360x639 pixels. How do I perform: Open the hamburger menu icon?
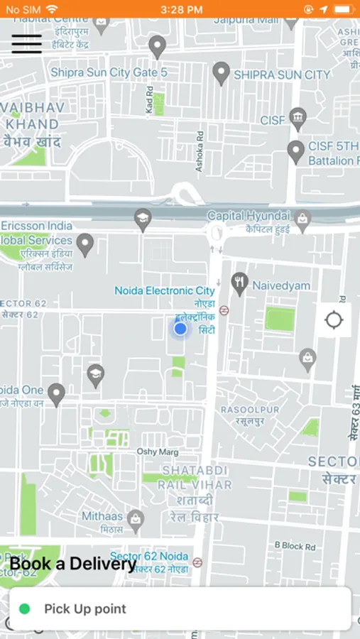coord(26,44)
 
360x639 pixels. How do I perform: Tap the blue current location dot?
coord(180,329)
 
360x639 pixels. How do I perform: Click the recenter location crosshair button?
coord(334,320)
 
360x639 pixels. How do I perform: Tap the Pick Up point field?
coord(180,608)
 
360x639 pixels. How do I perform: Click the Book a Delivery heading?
coord(73,564)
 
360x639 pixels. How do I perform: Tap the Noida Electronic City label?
coord(165,291)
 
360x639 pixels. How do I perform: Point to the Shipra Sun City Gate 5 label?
coord(109,72)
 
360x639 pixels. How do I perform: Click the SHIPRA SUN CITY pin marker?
coord(222,72)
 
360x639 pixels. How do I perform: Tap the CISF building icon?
coord(298,118)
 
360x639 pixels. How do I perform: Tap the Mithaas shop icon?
coord(135,521)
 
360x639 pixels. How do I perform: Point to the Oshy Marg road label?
coord(157,452)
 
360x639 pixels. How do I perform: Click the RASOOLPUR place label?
coord(249,410)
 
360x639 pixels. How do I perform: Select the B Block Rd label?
coord(295,546)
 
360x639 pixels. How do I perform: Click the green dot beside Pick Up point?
coord(25,608)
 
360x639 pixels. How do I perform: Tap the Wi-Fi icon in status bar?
coord(52,9)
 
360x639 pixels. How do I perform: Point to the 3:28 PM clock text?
coord(181,9)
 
